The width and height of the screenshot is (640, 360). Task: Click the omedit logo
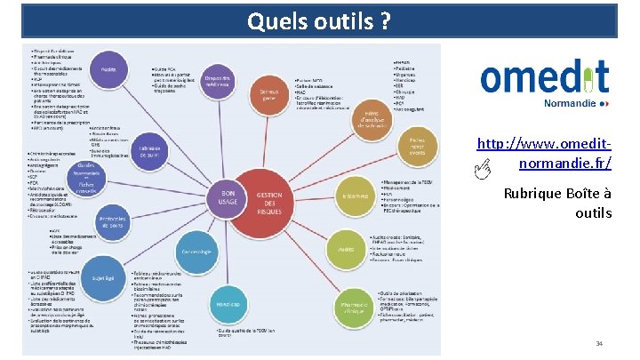pyautogui.click(x=544, y=78)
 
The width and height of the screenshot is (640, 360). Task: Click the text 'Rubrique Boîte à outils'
pyautogui.click(x=556, y=203)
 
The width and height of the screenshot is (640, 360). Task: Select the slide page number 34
pyautogui.click(x=599, y=343)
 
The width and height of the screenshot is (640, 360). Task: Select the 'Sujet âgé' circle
pyautogui.click(x=103, y=277)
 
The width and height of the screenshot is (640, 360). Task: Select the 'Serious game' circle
pyautogui.click(x=265, y=92)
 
